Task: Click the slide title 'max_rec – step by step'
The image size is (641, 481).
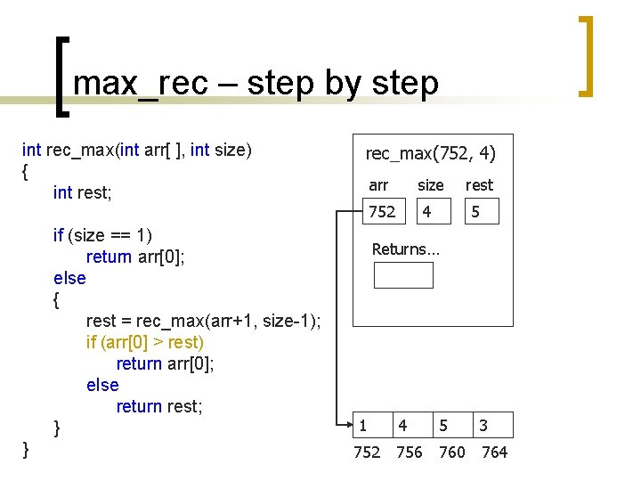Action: [x=256, y=83]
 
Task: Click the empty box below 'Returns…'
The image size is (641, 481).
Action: [x=403, y=275]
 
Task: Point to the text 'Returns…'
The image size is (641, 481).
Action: [x=405, y=249]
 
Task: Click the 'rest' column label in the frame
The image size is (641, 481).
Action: [x=479, y=185]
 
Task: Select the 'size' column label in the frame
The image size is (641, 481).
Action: [x=431, y=185]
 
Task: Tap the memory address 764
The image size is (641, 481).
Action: [x=494, y=452]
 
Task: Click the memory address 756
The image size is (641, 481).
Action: [x=409, y=452]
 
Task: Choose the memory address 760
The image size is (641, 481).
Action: [x=452, y=452]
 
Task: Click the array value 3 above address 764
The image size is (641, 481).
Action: [x=483, y=426]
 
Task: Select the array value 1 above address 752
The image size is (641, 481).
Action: [x=362, y=426]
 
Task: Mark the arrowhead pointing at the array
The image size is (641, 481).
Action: [x=349, y=425]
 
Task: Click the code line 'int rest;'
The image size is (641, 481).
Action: [x=88, y=192]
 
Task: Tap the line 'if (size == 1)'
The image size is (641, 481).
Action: [x=102, y=235]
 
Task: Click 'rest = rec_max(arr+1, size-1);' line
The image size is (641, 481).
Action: [x=204, y=321]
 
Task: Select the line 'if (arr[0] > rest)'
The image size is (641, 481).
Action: [x=145, y=342]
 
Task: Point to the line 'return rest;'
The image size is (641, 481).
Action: [x=159, y=406]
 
